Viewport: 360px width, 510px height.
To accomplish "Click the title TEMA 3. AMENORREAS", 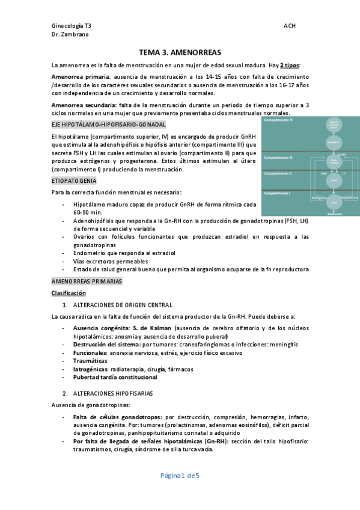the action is point(180,52).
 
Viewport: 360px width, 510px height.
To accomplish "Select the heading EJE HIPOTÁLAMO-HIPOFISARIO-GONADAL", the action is point(109,124).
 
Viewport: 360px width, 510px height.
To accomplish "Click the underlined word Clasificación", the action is point(69,293).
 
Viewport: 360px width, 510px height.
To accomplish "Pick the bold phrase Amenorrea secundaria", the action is point(81,105).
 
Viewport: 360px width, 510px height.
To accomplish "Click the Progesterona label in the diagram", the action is point(347,197).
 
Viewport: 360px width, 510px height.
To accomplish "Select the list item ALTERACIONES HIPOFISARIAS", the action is point(113,393).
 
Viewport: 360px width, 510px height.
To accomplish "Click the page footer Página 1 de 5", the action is point(180,476).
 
